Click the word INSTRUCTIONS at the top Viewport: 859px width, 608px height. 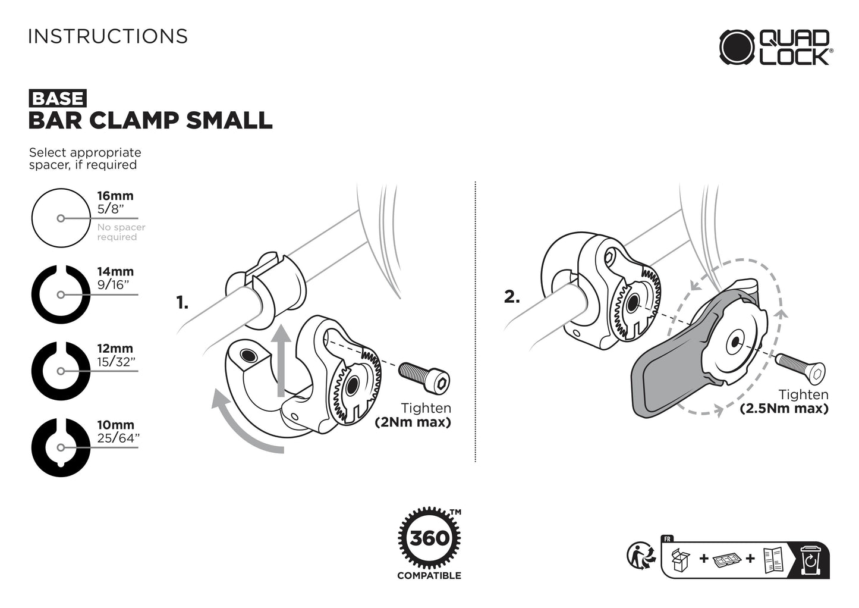[x=108, y=36]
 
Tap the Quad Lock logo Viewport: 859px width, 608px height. [x=776, y=47]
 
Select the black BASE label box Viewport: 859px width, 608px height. [x=58, y=98]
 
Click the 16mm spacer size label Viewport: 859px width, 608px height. [x=115, y=196]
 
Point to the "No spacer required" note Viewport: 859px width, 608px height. [x=121, y=232]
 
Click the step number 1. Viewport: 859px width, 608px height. [x=182, y=303]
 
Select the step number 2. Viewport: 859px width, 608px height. [x=512, y=297]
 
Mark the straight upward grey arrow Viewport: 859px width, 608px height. [x=281, y=361]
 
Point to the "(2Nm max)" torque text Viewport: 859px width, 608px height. [x=413, y=422]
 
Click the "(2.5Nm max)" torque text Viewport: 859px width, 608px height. [x=784, y=408]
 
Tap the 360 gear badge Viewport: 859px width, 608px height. [x=429, y=538]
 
